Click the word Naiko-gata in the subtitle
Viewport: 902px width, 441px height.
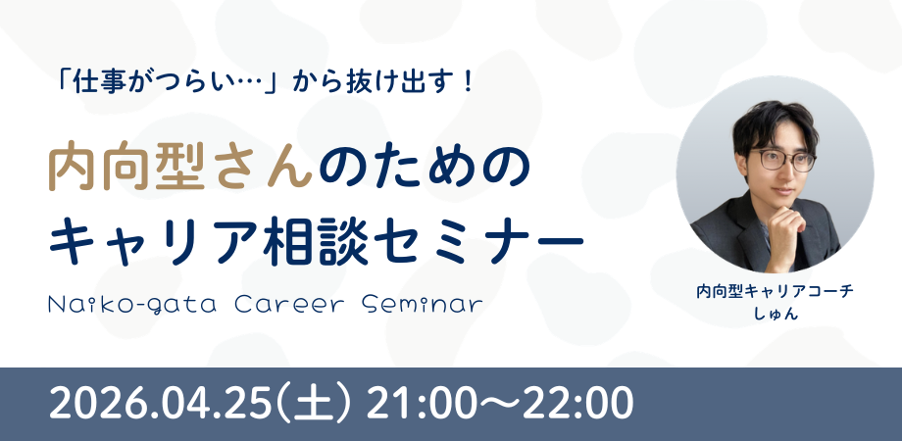[x=133, y=305]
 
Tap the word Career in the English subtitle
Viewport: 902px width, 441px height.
[x=289, y=305]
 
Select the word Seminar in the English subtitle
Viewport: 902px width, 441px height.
[x=423, y=305]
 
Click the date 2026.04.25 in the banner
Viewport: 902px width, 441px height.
[x=160, y=404]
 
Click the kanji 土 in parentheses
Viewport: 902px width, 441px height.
[x=315, y=404]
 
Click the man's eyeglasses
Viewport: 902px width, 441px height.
[x=782, y=161]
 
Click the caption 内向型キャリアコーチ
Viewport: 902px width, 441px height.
[x=775, y=291]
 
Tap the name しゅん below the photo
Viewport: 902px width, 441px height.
[x=775, y=315]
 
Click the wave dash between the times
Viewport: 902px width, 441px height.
[x=499, y=405]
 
